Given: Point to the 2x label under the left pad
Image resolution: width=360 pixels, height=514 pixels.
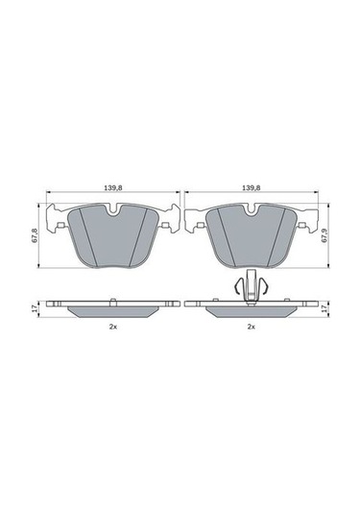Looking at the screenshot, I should [x=112, y=328].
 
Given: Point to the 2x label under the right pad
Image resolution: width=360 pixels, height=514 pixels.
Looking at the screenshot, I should [x=252, y=328].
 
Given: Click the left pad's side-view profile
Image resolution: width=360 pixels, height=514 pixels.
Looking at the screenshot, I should [x=112, y=311].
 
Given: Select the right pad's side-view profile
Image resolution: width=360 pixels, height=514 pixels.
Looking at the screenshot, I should [x=252, y=311].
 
